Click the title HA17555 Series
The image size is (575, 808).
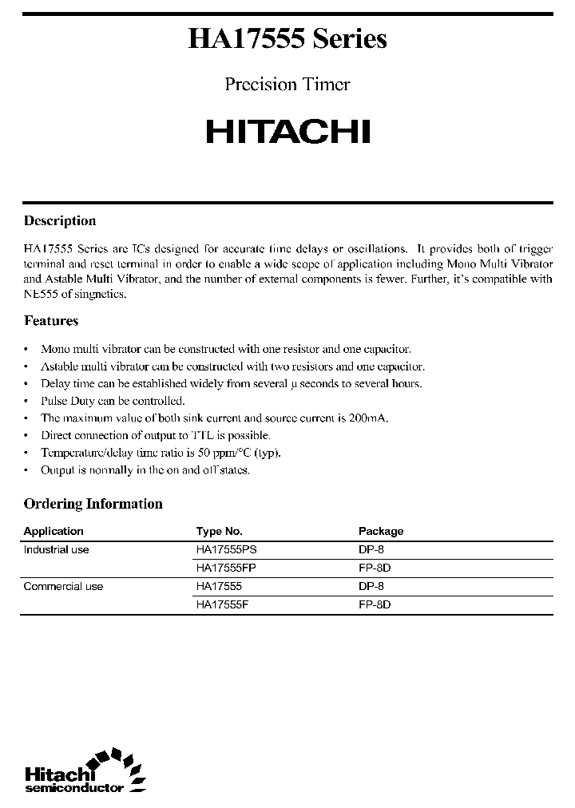tap(287, 39)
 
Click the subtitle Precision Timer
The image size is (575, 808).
tap(287, 85)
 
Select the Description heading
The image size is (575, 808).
tap(60, 221)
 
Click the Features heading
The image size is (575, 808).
tap(51, 321)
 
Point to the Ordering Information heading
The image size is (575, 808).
tap(93, 504)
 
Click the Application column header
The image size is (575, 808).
tap(54, 531)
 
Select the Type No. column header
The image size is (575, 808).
tap(219, 531)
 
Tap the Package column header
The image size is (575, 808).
tap(381, 531)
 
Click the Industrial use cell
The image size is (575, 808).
tap(56, 550)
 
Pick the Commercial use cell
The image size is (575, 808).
tap(63, 587)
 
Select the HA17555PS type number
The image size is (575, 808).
tap(227, 550)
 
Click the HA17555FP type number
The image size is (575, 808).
tap(227, 568)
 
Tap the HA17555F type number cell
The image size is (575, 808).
tap(224, 605)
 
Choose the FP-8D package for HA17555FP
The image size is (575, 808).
tap(375, 568)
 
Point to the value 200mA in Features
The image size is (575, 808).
tap(370, 418)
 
